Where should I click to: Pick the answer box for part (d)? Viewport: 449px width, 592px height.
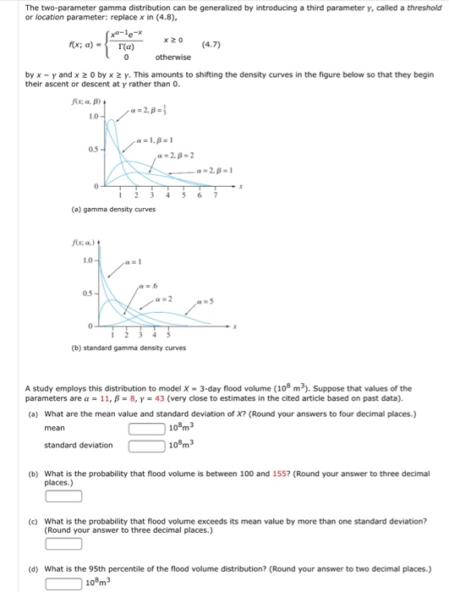click(63, 583)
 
